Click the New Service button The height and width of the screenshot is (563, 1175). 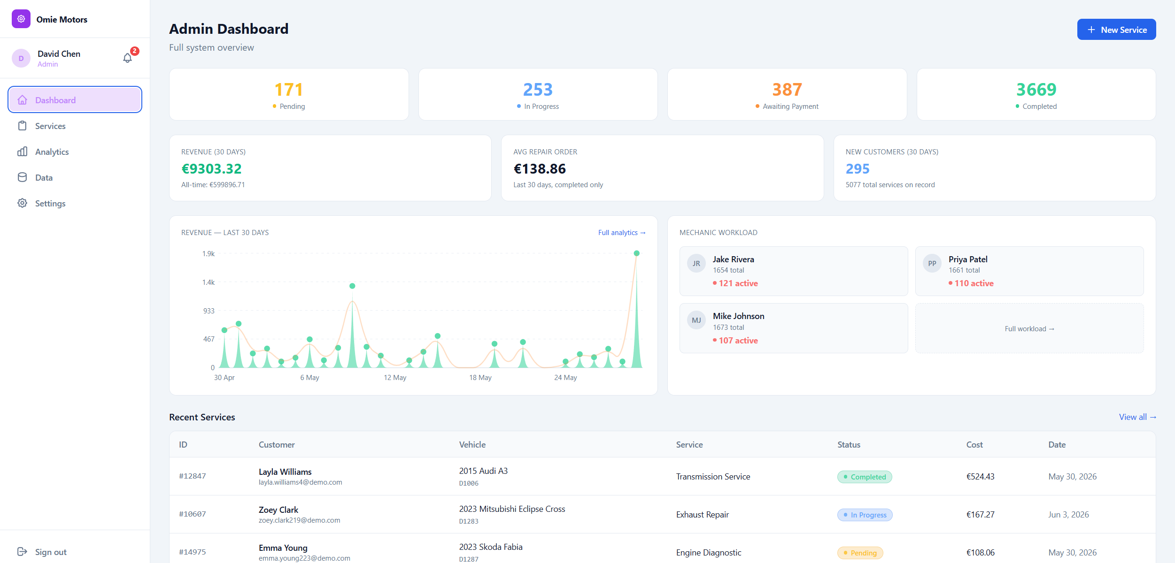click(1116, 30)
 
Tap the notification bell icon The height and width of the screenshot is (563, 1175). click(127, 58)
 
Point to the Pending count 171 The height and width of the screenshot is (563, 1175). click(289, 89)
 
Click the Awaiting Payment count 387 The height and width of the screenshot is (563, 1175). click(787, 89)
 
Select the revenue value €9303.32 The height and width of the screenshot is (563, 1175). click(211, 168)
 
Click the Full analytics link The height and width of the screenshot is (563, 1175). click(622, 233)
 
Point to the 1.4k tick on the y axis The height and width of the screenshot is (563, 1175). click(209, 282)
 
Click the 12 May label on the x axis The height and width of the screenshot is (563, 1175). click(395, 378)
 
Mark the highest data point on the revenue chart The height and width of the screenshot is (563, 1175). click(637, 253)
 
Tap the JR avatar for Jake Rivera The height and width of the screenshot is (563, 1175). click(696, 264)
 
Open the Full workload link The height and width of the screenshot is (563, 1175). click(1029, 329)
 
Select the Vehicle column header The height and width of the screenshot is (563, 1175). click(472, 445)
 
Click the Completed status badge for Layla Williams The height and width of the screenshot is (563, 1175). click(865, 477)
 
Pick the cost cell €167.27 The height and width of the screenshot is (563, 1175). click(981, 515)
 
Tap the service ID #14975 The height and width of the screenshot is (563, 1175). click(193, 552)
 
